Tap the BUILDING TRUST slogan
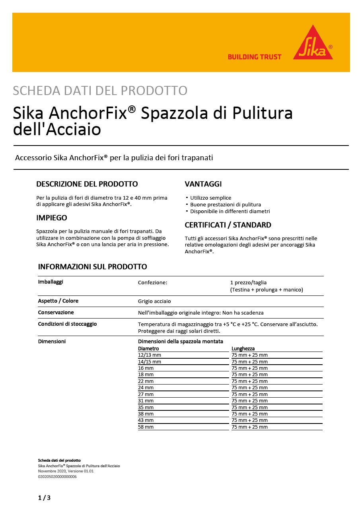[254, 57]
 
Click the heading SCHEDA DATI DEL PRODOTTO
[100, 91]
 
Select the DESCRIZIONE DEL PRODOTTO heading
[87, 184]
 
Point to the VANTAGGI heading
[203, 184]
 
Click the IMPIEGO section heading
[52, 218]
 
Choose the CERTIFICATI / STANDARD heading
[228, 225]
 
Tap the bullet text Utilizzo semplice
[210, 198]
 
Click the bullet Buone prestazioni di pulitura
[226, 204]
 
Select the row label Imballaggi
[51, 282]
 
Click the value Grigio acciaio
[154, 301]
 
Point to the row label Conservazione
[56, 313]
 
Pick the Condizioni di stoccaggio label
[67, 324]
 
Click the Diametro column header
[148, 348]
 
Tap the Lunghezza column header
[243, 348]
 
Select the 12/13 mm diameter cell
[150, 355]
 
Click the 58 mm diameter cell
[146, 427]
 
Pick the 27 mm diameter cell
[146, 394]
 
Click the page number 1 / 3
[44, 497]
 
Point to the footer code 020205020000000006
[57, 476]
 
